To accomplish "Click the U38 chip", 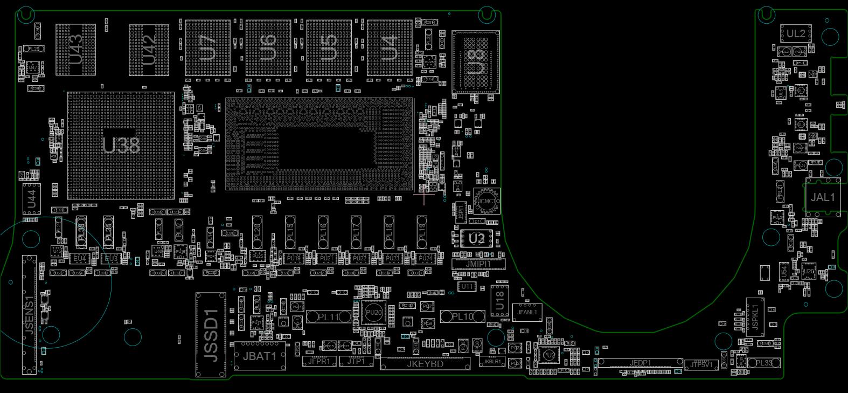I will coord(121,146).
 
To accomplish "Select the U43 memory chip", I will coord(76,49).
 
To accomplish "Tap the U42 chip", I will coord(149,50).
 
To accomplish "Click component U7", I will coord(207,48).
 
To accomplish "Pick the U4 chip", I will coord(390,48).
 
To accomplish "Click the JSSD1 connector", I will coord(211,335).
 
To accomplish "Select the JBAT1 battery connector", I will coord(260,356).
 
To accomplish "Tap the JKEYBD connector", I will coord(425,364).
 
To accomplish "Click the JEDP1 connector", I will coord(641,363).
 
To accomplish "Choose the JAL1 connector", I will coord(823,197).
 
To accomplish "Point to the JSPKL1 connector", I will coord(755,317).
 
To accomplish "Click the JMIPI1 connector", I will coord(478,264).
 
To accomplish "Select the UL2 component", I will coord(796,33).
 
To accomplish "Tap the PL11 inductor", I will coord(328,317).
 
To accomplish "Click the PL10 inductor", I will coord(462,316).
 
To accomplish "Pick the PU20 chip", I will coord(373,313).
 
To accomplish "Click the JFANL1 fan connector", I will coord(527,312).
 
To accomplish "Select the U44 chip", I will coord(31,199).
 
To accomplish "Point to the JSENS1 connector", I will coord(29,315).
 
